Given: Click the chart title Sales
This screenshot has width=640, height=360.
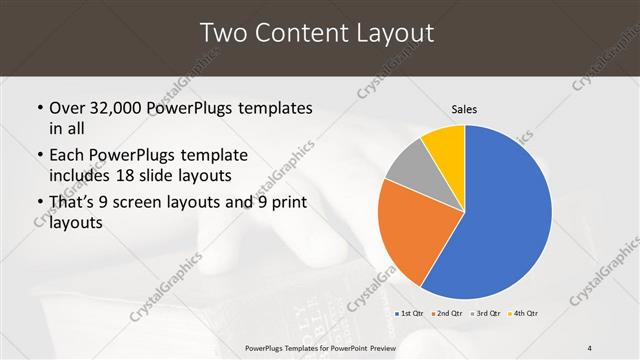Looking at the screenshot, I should [x=464, y=108].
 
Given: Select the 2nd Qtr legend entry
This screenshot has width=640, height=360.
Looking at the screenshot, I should [x=447, y=314].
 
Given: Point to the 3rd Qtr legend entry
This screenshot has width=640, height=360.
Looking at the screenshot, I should [x=487, y=314].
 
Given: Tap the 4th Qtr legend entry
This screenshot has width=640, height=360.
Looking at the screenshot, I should [x=524, y=314].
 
